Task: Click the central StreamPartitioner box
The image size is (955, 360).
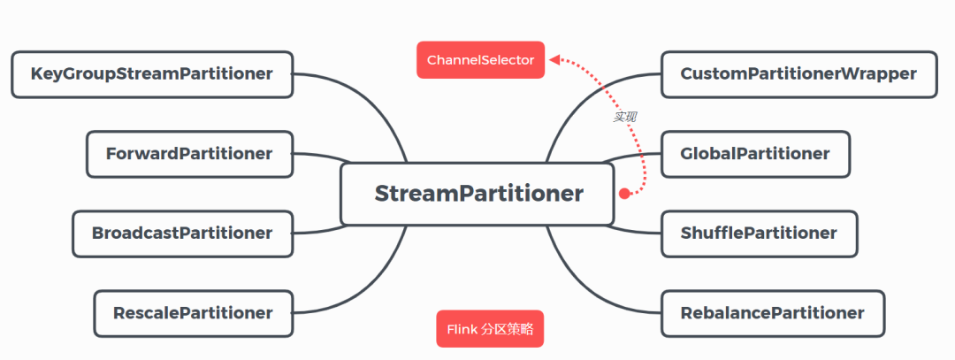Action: (x=477, y=194)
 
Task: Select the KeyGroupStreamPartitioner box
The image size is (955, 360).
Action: (x=151, y=74)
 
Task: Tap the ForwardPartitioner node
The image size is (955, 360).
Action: (x=189, y=154)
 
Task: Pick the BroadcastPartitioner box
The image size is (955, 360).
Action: (x=182, y=234)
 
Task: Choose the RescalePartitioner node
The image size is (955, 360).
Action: (x=193, y=313)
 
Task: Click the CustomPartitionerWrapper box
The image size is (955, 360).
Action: (x=798, y=74)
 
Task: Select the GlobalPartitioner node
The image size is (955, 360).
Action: (x=754, y=154)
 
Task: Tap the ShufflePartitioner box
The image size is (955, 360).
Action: (x=759, y=234)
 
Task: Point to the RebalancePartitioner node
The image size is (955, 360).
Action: (x=772, y=313)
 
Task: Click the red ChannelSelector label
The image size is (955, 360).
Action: (x=480, y=60)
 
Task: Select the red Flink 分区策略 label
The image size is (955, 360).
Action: (x=490, y=329)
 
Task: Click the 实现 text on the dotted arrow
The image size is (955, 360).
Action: (x=625, y=117)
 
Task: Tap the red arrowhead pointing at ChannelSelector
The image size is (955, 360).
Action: (x=554, y=60)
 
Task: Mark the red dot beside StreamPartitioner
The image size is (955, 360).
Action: (x=623, y=193)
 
